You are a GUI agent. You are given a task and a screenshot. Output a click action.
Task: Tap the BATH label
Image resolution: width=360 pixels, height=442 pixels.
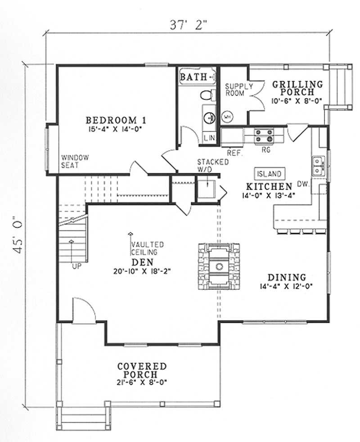(x=193, y=77)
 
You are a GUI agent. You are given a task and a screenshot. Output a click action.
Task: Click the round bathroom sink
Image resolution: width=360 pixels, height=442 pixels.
(x=209, y=118)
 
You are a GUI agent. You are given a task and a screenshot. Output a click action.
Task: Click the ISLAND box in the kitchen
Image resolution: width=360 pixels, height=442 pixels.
(x=270, y=174)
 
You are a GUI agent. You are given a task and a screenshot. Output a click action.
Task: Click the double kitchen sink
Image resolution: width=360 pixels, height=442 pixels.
(x=318, y=165)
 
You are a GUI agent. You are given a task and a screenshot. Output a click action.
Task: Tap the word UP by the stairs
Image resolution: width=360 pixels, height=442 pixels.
(x=77, y=266)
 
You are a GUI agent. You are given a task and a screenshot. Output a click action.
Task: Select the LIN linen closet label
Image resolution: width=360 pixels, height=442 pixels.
(x=209, y=138)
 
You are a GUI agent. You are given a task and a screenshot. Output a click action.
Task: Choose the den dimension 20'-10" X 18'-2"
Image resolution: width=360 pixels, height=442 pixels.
(x=141, y=271)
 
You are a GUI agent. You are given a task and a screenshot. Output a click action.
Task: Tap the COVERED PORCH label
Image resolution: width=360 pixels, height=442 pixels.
(x=142, y=370)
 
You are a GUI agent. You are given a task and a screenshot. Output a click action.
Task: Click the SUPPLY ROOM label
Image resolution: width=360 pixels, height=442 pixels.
(x=234, y=90)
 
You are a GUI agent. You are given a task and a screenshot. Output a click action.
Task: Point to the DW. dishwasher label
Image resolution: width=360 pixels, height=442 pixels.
(x=302, y=184)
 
